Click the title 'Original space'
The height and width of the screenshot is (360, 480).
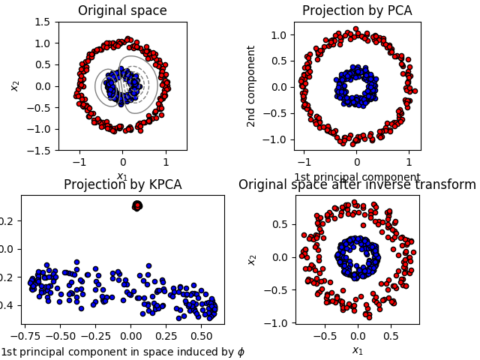[123, 11]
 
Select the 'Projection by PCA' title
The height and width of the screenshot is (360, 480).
[357, 11]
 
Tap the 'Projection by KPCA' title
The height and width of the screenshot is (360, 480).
[123, 185]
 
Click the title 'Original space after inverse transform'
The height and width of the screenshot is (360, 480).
[357, 185]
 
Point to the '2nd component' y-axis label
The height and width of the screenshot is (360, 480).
[252, 86]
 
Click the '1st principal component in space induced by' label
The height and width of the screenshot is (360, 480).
[123, 352]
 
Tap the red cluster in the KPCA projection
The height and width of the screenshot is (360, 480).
[137, 205]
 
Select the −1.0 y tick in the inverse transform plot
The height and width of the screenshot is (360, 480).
[277, 322]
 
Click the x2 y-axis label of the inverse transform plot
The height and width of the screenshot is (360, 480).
[252, 259]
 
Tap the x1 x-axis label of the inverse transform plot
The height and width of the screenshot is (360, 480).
[357, 350]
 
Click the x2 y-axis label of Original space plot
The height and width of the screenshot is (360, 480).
[15, 86]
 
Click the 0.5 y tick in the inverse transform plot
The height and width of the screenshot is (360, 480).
[281, 223]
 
